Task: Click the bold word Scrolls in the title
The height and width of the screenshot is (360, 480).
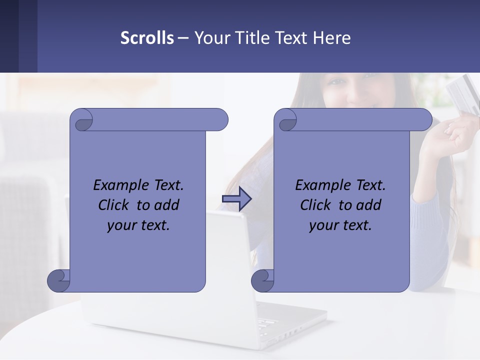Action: pyautogui.click(x=147, y=38)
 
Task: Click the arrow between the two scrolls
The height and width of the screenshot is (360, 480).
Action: pyautogui.click(x=236, y=199)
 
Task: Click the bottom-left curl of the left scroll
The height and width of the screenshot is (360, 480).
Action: pyautogui.click(x=58, y=280)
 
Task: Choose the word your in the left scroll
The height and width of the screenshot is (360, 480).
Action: pyautogui.click(x=121, y=225)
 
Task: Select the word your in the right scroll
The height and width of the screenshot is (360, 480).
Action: pyautogui.click(x=323, y=225)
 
